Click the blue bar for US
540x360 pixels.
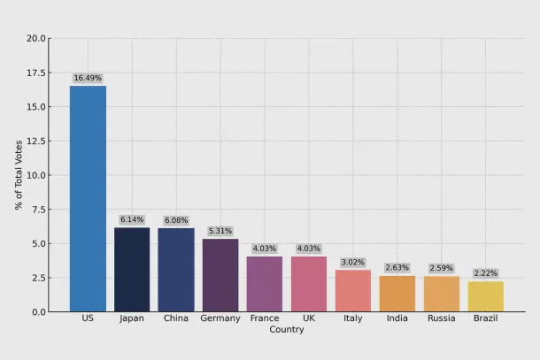coord(88,198)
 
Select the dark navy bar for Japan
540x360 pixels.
coord(132,269)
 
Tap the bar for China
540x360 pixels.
coord(176,270)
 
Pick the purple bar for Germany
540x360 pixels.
coord(220,275)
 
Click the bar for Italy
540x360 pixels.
coord(353,290)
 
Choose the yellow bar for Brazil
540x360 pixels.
coord(486,296)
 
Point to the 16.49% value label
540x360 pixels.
coord(88,78)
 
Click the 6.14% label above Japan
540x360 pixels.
coord(132,219)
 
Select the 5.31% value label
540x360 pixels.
coord(220,231)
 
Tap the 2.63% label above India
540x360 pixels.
coord(397,267)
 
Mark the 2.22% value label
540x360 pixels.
coord(486,273)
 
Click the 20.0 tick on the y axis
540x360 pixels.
coord(36,39)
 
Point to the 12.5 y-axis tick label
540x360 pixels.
coord(36,142)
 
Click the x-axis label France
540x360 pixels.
coord(265,318)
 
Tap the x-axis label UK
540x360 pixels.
coord(309,318)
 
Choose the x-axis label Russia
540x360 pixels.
coord(442,318)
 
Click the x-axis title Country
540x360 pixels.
coord(287,330)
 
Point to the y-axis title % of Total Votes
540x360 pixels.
coord(19,174)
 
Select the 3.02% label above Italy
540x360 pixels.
coord(353,262)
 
